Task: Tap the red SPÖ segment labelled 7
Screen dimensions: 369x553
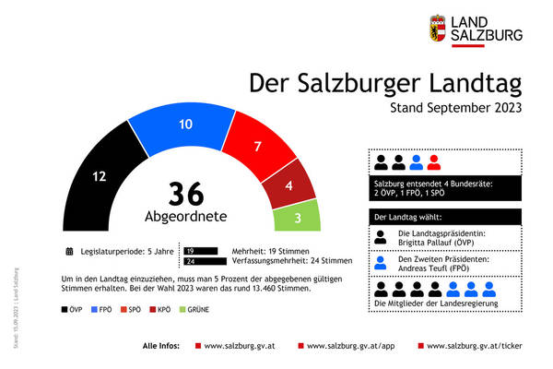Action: (x=258, y=146)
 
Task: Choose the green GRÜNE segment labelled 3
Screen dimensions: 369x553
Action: (x=297, y=218)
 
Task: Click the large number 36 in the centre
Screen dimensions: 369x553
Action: (x=186, y=195)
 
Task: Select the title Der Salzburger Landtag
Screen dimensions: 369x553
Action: (x=385, y=83)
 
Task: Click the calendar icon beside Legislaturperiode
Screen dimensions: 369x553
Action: (x=69, y=250)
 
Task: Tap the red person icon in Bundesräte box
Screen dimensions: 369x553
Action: (x=433, y=164)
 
